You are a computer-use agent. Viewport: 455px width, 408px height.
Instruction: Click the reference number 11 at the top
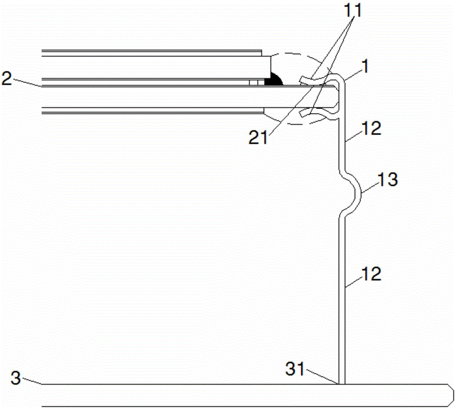point(353,10)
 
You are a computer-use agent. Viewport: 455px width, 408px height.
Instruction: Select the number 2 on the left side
point(7,78)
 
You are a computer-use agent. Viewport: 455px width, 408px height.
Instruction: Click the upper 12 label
point(371,128)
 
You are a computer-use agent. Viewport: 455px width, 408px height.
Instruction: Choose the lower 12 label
point(371,274)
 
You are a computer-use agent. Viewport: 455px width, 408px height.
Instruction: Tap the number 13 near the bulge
point(388,180)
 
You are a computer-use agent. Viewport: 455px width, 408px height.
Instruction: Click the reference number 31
point(295,369)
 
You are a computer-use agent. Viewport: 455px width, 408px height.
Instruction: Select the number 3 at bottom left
point(16,378)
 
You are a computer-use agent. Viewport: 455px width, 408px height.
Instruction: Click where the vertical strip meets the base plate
point(342,384)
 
